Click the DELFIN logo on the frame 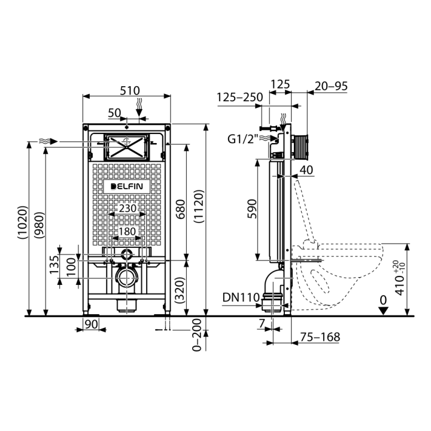point(127,186)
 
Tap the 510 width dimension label point(130,90)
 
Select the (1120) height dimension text point(199,206)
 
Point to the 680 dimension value point(181,209)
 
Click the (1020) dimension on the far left point(23,222)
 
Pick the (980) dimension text point(39,225)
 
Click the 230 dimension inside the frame point(128,208)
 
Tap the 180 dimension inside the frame point(128,232)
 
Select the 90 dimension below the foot point(91,324)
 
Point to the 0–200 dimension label point(197,335)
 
